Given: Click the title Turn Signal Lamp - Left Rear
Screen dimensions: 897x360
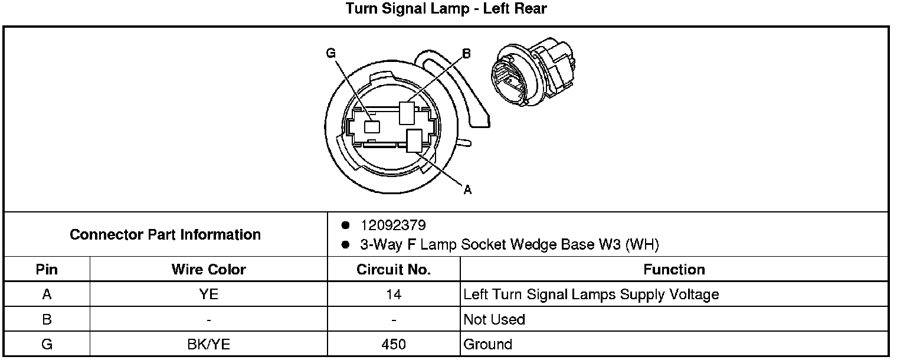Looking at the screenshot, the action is (x=446, y=8).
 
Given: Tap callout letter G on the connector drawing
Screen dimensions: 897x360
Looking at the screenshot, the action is (x=330, y=53).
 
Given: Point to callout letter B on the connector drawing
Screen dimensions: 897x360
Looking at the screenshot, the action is (x=466, y=53).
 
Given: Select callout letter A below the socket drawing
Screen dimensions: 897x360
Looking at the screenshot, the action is (x=467, y=190).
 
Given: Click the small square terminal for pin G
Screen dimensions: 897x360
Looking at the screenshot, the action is (x=372, y=127).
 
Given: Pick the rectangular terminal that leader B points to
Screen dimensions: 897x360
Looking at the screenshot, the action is (x=407, y=113).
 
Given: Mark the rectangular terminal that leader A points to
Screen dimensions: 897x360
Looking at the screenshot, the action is (x=414, y=140).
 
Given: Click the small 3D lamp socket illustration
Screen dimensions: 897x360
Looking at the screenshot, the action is (x=532, y=71).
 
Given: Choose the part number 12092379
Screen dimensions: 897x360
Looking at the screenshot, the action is (x=393, y=225).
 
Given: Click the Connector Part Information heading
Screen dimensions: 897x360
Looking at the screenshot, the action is (x=165, y=235).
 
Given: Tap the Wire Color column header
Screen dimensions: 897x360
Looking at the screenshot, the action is (x=209, y=270).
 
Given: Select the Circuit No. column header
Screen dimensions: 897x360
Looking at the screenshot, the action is (x=394, y=270).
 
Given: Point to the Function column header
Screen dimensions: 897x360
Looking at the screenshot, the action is (x=675, y=270).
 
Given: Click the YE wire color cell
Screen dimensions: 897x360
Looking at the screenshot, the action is (x=209, y=294).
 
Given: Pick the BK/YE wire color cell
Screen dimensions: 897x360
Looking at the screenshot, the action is (x=209, y=345).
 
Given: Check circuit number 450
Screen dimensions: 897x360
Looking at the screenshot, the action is (x=394, y=345).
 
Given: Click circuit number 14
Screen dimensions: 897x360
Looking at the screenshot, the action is (x=394, y=294).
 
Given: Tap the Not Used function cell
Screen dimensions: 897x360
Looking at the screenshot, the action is (x=494, y=319).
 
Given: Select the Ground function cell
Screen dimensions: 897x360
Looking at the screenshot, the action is (x=487, y=345).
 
